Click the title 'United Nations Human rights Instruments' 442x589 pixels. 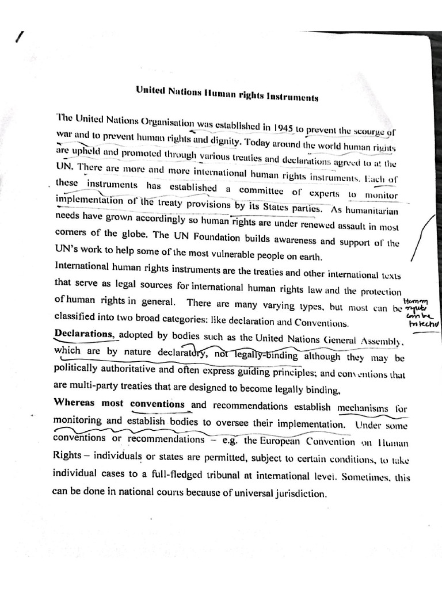226,93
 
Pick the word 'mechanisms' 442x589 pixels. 363,408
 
